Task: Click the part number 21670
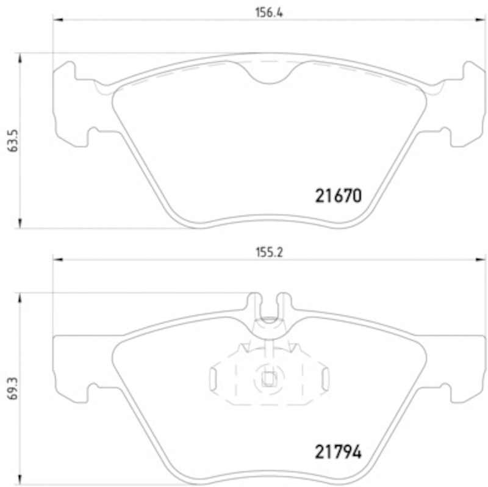pos(339,197)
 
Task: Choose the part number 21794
pos(339,452)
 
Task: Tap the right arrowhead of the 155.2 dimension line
pos(473,259)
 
